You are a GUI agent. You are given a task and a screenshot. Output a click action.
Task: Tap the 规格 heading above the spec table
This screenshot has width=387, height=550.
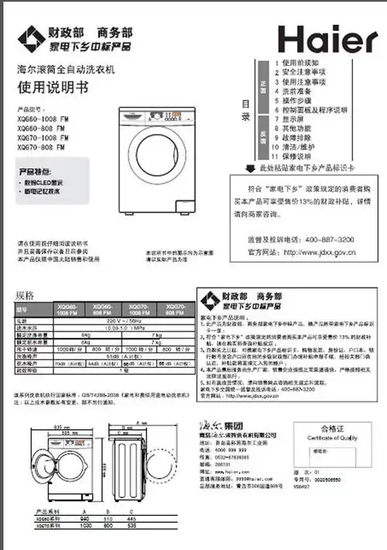coord(25,297)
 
